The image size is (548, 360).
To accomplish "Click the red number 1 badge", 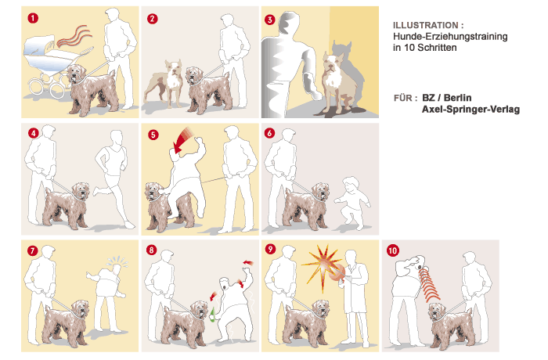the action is click(x=33, y=18).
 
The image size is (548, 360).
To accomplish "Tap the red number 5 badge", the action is click(x=153, y=135).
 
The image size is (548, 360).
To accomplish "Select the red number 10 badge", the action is click(x=393, y=250).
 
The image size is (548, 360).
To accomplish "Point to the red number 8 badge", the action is click(x=151, y=250).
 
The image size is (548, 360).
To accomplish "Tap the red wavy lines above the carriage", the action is click(x=74, y=36).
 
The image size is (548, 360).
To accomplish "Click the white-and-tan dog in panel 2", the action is click(x=164, y=83).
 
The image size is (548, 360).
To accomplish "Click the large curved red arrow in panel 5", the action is click(x=182, y=139).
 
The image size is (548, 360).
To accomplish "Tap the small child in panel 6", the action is click(x=352, y=203).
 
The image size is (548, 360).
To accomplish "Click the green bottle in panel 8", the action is click(x=212, y=315).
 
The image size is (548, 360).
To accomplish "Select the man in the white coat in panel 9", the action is click(x=354, y=297).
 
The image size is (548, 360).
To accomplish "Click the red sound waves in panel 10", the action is click(x=428, y=283).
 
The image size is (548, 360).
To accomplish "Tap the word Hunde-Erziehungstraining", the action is click(x=450, y=36).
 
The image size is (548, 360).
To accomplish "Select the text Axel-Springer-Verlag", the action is click(x=470, y=109).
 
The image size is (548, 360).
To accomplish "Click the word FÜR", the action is click(x=403, y=98).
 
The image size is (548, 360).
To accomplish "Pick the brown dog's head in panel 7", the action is click(x=81, y=310).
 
